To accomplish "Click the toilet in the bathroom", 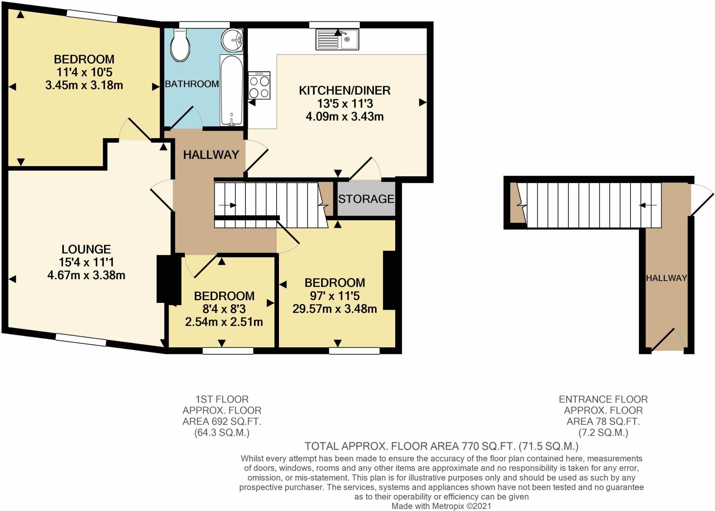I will (180, 46).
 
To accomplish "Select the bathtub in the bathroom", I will (231, 90).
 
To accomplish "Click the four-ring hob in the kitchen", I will (259, 86).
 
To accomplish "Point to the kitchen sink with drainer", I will (337, 39).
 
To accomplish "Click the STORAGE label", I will (366, 199).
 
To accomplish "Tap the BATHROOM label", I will (192, 84).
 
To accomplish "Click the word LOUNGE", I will (86, 249).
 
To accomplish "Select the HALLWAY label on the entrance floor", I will (666, 278).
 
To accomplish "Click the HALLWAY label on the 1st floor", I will (211, 155).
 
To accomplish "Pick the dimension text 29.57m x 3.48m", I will (334, 309).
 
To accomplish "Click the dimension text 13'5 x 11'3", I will (345, 104).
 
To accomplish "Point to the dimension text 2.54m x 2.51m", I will (224, 322).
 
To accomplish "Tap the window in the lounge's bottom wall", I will (81, 340).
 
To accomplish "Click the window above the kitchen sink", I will (334, 24).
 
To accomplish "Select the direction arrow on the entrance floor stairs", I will (648, 205).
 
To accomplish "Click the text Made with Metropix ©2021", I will (441, 506).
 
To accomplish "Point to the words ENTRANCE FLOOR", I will (603, 399).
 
